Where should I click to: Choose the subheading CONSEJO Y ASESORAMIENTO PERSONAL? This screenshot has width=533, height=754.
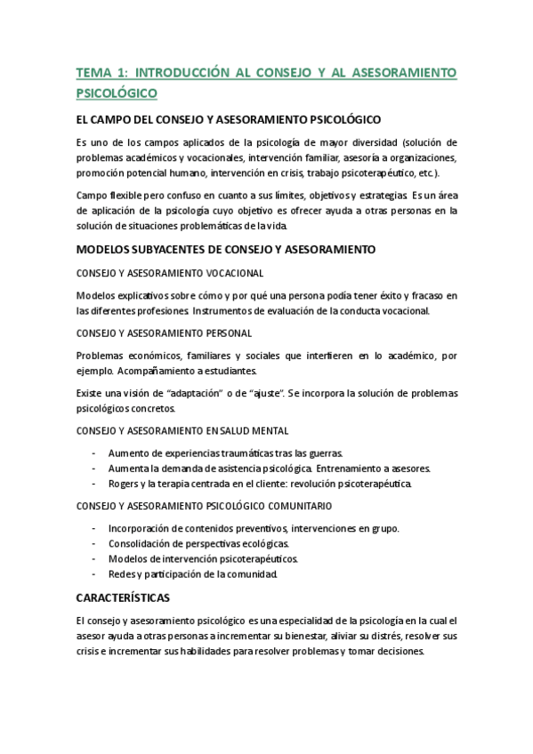tap(164, 333)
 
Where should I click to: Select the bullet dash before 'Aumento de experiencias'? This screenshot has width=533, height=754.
tap(93, 453)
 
